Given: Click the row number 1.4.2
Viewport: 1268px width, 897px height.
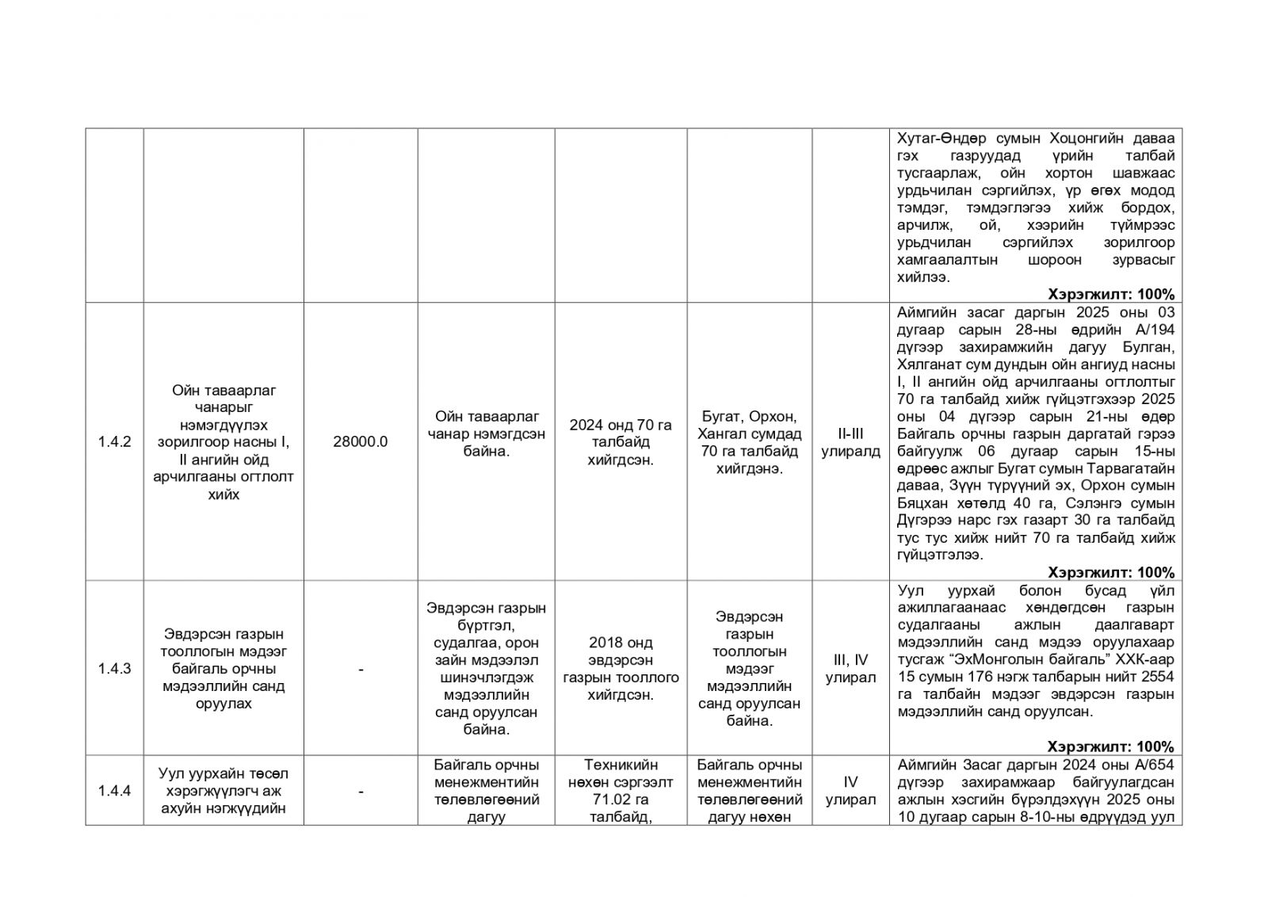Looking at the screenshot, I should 114,442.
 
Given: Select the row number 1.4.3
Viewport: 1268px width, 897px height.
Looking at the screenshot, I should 114,669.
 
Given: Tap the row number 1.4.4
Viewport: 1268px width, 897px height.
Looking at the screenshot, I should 114,791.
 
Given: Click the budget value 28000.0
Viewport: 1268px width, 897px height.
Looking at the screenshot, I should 361,442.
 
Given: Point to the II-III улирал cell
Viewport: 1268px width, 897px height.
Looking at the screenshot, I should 850,442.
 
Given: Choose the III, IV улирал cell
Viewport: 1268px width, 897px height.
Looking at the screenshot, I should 850,669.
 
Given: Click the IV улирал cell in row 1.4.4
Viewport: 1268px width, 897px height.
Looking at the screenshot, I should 850,791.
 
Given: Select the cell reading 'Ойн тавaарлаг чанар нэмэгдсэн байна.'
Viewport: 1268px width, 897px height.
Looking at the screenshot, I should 487,433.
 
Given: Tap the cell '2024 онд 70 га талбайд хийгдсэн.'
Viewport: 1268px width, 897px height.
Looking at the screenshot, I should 621,442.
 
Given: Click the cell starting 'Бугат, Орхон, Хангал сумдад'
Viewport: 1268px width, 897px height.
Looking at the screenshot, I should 749,442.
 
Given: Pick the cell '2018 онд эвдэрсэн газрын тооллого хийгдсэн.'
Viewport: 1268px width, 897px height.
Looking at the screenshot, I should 621,669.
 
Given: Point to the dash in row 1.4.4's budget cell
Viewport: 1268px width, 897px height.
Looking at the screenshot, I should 361,792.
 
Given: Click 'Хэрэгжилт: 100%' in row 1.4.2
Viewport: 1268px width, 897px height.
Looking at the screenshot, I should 1111,572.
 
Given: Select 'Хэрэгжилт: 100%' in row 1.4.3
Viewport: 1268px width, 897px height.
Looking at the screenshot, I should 1111,746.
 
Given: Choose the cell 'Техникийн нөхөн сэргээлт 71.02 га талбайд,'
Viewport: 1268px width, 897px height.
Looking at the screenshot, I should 621,791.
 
